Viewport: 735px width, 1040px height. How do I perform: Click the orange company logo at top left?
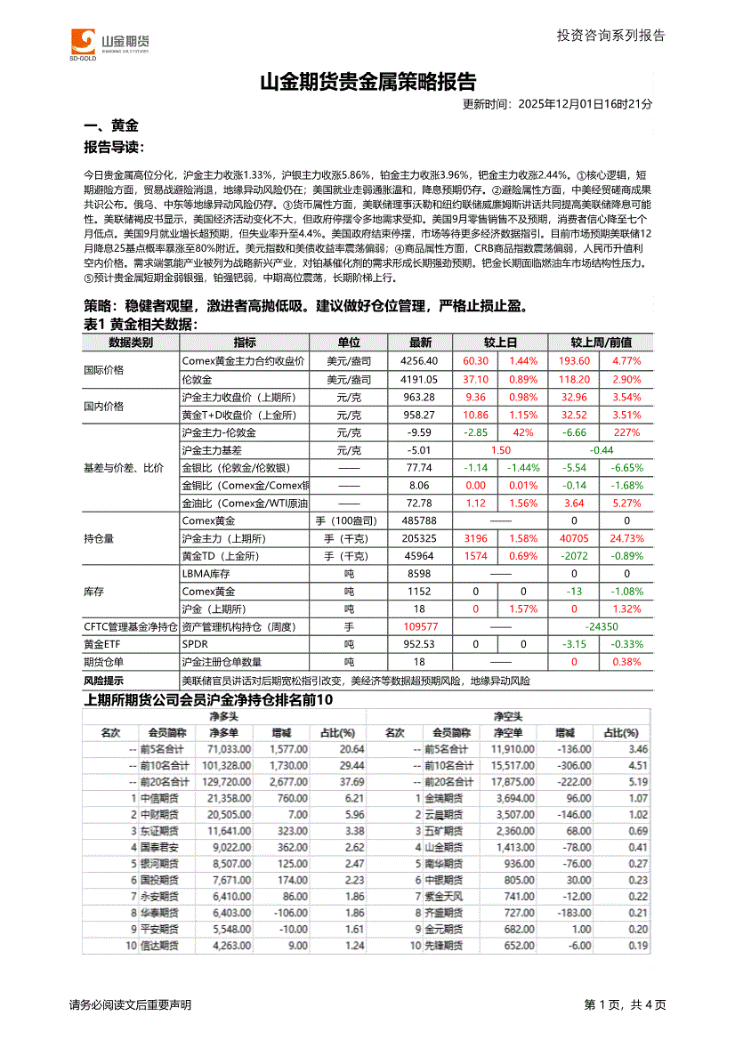[x=83, y=42]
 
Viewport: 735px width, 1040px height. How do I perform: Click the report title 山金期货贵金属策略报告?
[x=367, y=83]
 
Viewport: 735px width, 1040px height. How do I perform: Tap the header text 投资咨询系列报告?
[x=610, y=36]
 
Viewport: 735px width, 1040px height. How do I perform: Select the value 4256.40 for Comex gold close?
[x=420, y=361]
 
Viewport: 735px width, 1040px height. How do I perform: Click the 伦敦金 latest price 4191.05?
[x=420, y=379]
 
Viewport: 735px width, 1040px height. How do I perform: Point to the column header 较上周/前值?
[x=601, y=343]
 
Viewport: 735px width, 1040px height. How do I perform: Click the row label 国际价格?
[x=104, y=370]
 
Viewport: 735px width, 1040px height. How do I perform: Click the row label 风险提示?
[x=104, y=680]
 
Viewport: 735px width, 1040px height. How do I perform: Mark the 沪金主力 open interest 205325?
[x=419, y=538]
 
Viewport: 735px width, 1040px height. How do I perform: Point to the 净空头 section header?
[x=508, y=716]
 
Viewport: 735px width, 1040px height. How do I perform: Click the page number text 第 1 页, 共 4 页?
[x=625, y=1005]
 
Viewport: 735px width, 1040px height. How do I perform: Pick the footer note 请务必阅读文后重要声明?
[x=130, y=1005]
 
